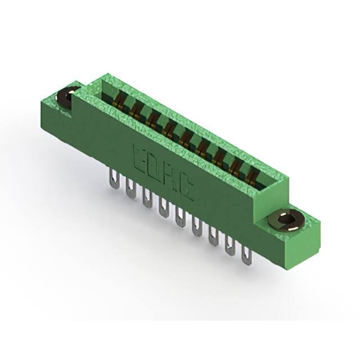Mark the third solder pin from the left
coord(147,199)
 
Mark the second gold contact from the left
coord(136,110)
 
